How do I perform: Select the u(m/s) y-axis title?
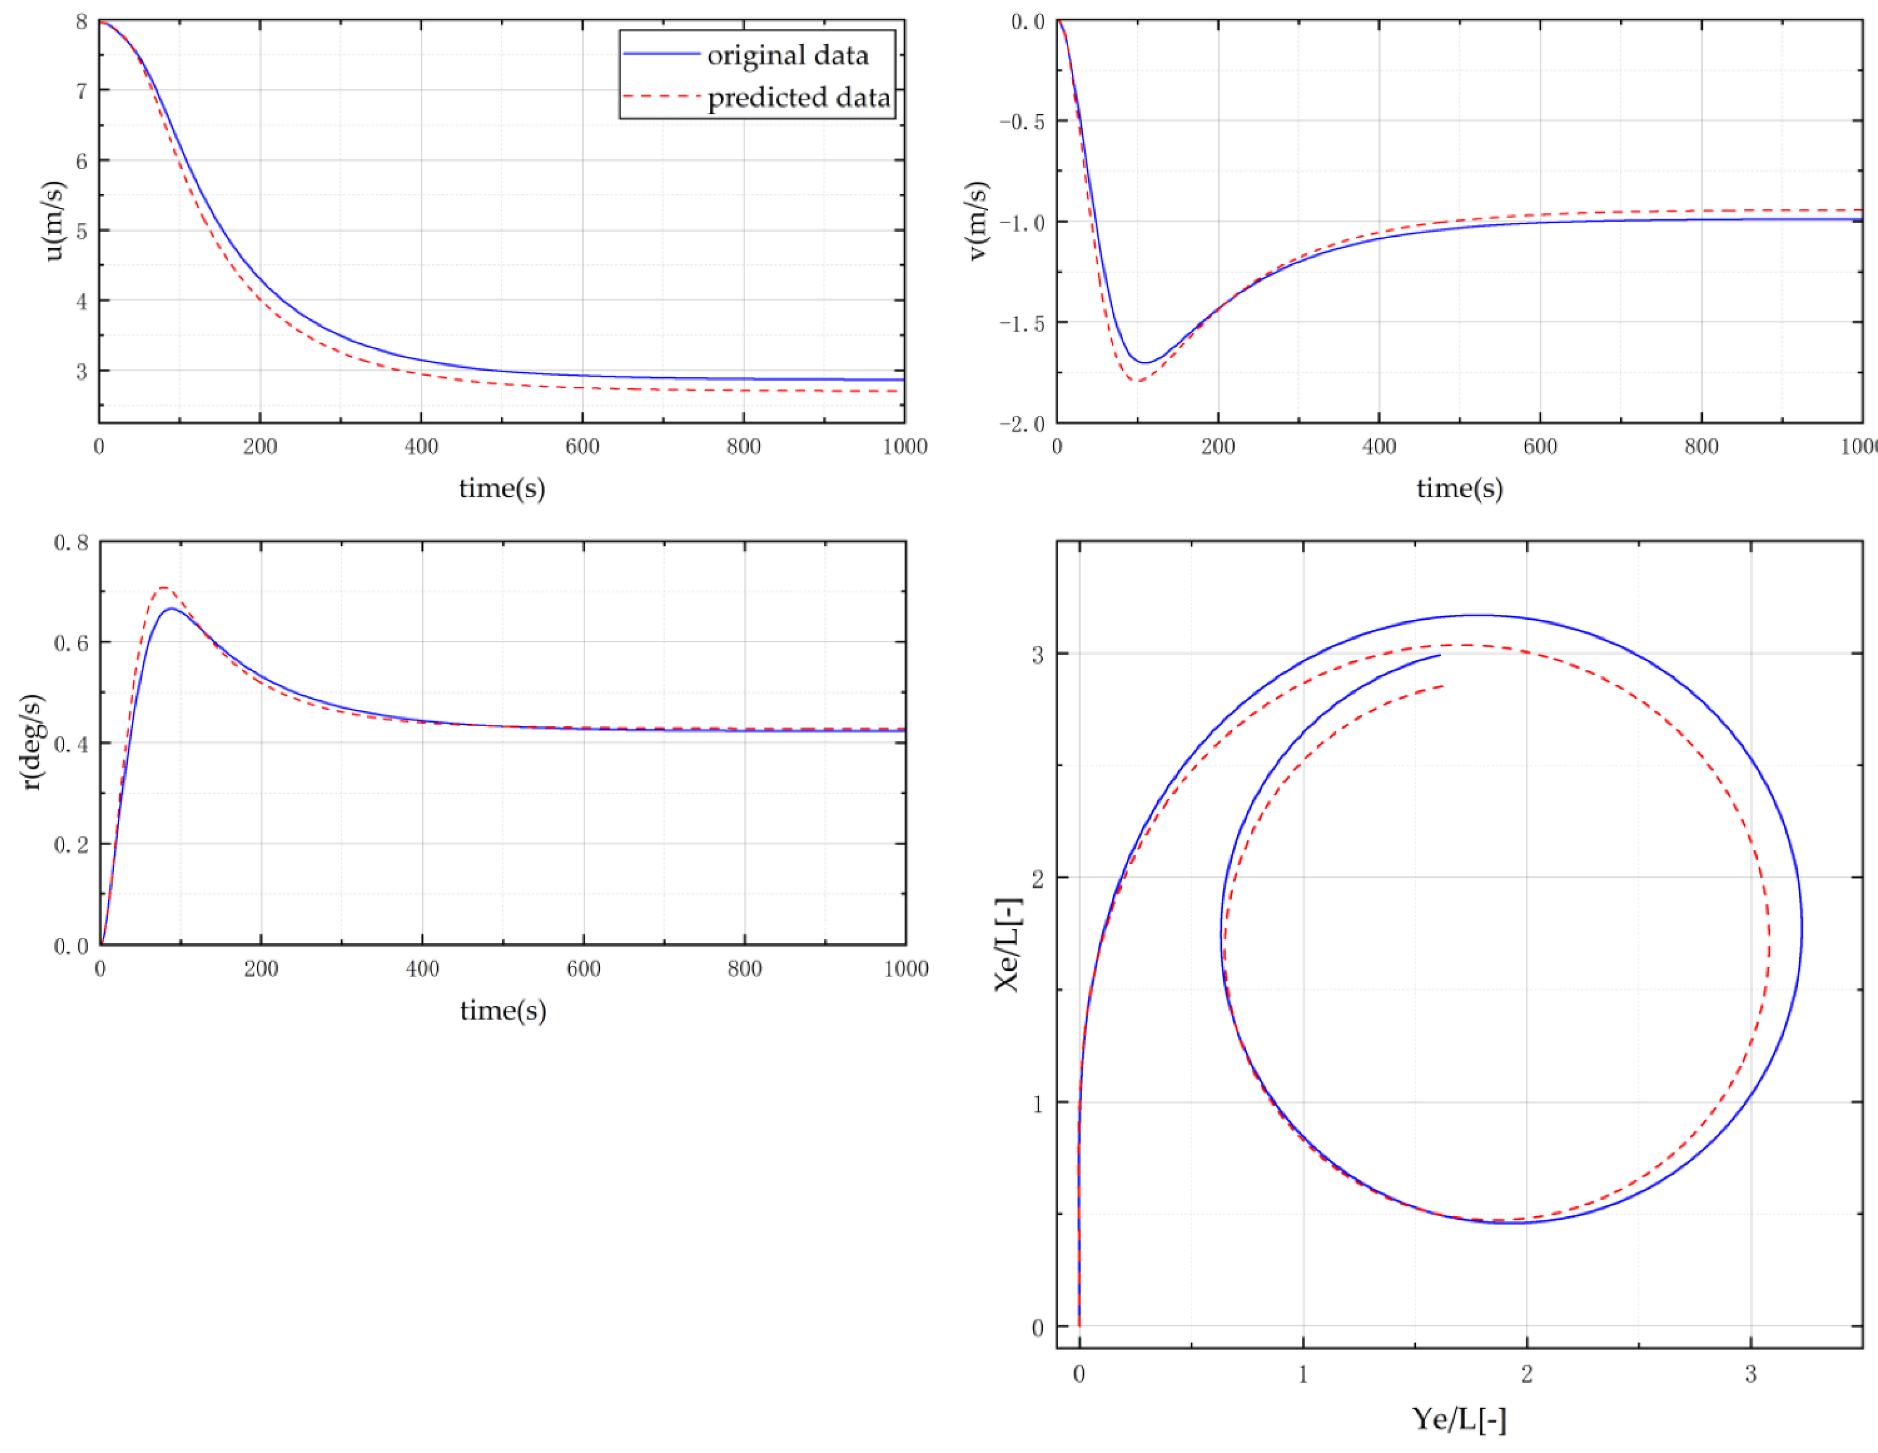pos(53,221)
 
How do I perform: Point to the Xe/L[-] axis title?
pos(1008,944)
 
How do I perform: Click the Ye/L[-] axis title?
pos(1459,1419)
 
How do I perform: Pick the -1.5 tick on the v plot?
pos(1021,323)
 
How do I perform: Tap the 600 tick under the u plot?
pos(582,446)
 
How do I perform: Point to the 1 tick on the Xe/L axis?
pos(1038,1103)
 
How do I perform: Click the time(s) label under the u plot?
pos(502,488)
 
